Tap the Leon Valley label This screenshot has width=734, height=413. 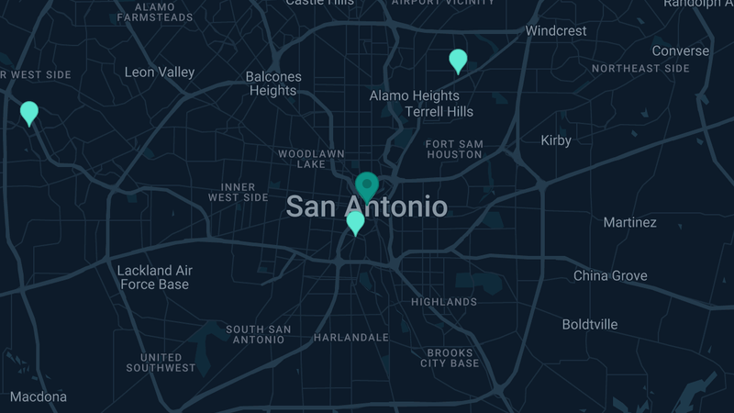[x=160, y=72]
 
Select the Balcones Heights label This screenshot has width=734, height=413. [x=273, y=84]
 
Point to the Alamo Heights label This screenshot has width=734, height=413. [x=414, y=95]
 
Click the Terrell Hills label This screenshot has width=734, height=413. [x=439, y=112]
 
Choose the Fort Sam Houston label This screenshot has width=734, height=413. [x=453, y=149]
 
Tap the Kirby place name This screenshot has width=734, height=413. [x=556, y=140]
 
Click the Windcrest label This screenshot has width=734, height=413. [x=556, y=30]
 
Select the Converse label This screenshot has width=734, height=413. [x=680, y=50]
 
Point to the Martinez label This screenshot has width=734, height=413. [x=629, y=222]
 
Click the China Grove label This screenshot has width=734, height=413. [x=610, y=275]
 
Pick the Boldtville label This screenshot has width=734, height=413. [x=590, y=324]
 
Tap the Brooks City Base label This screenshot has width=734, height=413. [x=450, y=358]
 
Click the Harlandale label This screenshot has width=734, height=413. [x=351, y=338]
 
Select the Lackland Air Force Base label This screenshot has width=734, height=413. [x=154, y=277]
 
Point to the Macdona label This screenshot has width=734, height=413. [x=39, y=396]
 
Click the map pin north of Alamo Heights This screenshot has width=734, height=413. [x=458, y=61]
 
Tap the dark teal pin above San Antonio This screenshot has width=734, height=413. [x=367, y=185]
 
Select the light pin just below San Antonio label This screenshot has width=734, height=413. [x=355, y=222]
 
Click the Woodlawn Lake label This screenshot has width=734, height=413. [x=311, y=158]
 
